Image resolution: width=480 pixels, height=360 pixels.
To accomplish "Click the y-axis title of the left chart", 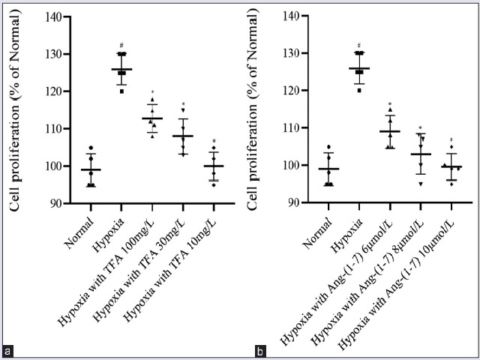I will pyautogui.click(x=14, y=109).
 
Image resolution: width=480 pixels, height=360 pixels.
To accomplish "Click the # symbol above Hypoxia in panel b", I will pyautogui.click(x=359, y=45).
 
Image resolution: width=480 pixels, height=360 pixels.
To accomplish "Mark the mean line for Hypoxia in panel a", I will pyautogui.click(x=121, y=70).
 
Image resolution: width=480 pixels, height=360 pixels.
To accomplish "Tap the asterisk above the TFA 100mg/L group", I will pyautogui.click(x=152, y=91).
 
